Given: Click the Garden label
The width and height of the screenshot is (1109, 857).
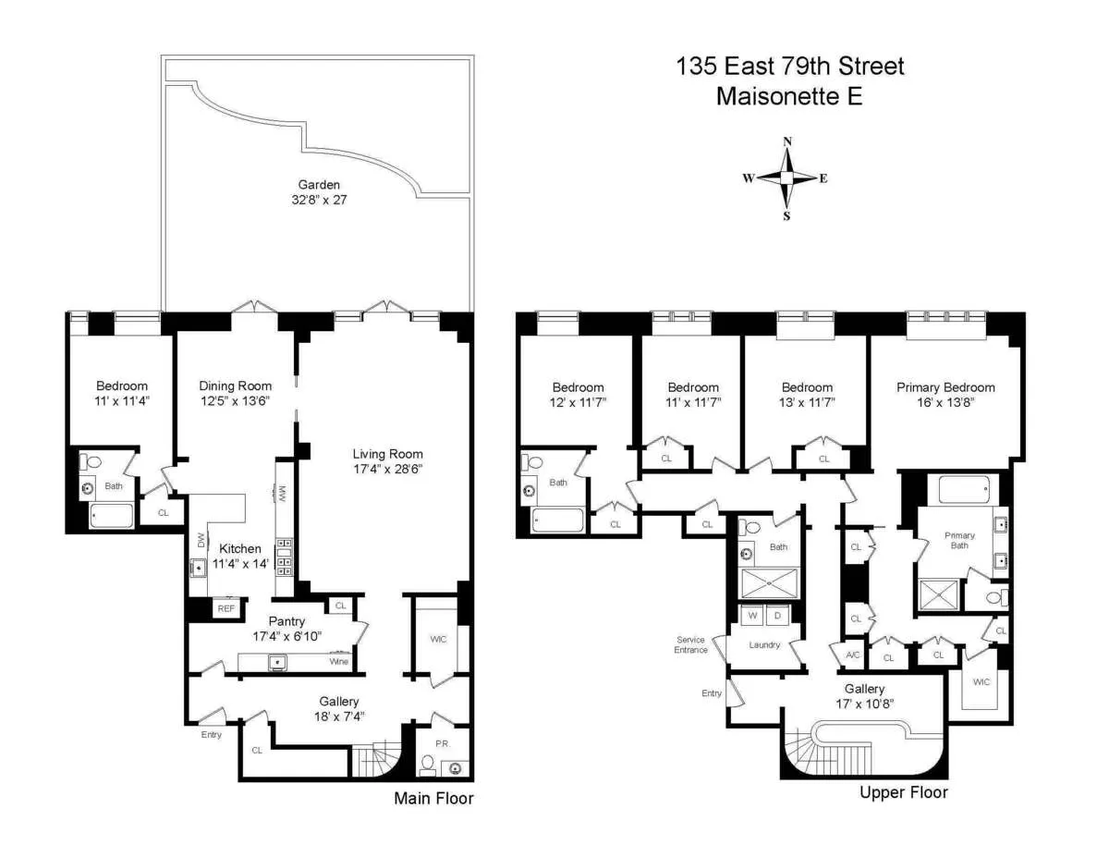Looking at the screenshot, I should pyautogui.click(x=319, y=185).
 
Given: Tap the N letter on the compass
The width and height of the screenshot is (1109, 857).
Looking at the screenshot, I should pyautogui.click(x=787, y=141).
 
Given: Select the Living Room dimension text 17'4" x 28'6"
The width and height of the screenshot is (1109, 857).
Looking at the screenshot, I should pyautogui.click(x=387, y=469).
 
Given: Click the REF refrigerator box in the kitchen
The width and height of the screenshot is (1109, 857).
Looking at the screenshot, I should pyautogui.click(x=225, y=608).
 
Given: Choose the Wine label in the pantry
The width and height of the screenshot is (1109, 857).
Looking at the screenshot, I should pyautogui.click(x=339, y=662).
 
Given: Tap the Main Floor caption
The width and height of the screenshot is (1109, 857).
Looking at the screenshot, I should pyautogui.click(x=433, y=798).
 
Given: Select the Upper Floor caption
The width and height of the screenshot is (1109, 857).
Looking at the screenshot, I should pyautogui.click(x=903, y=792).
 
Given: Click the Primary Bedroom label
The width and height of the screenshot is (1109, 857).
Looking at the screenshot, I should pyautogui.click(x=945, y=387).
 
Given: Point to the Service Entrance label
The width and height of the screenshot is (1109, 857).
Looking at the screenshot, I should pyautogui.click(x=690, y=644).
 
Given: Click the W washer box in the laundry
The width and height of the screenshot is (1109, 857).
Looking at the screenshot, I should pyautogui.click(x=753, y=615).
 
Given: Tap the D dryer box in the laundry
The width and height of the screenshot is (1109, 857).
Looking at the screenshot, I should pyautogui.click(x=777, y=615).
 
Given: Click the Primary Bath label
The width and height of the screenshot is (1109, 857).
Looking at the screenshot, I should pyautogui.click(x=959, y=541).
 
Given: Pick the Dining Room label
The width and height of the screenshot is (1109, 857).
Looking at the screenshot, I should pyautogui.click(x=236, y=386).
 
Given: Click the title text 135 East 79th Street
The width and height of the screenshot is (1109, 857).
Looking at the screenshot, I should pyautogui.click(x=790, y=67).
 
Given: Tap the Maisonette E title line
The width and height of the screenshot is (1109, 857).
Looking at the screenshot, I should pyautogui.click(x=789, y=96).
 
